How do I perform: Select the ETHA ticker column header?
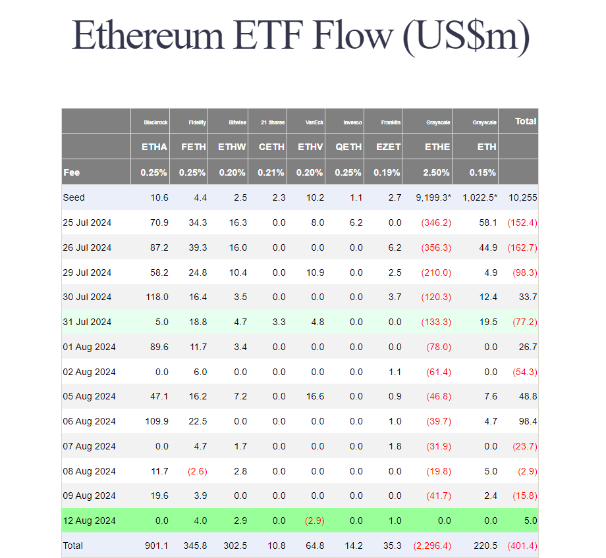click(154, 147)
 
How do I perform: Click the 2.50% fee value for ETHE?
click(436, 172)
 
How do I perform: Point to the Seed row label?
click(74, 197)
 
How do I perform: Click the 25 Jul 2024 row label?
click(88, 222)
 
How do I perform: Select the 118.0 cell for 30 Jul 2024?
click(157, 297)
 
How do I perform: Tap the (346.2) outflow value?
click(436, 222)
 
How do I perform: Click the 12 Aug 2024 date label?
click(89, 520)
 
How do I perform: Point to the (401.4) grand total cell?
click(522, 545)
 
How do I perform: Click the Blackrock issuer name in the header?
click(155, 122)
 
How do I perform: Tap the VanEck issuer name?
click(314, 122)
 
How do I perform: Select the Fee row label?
click(71, 172)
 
